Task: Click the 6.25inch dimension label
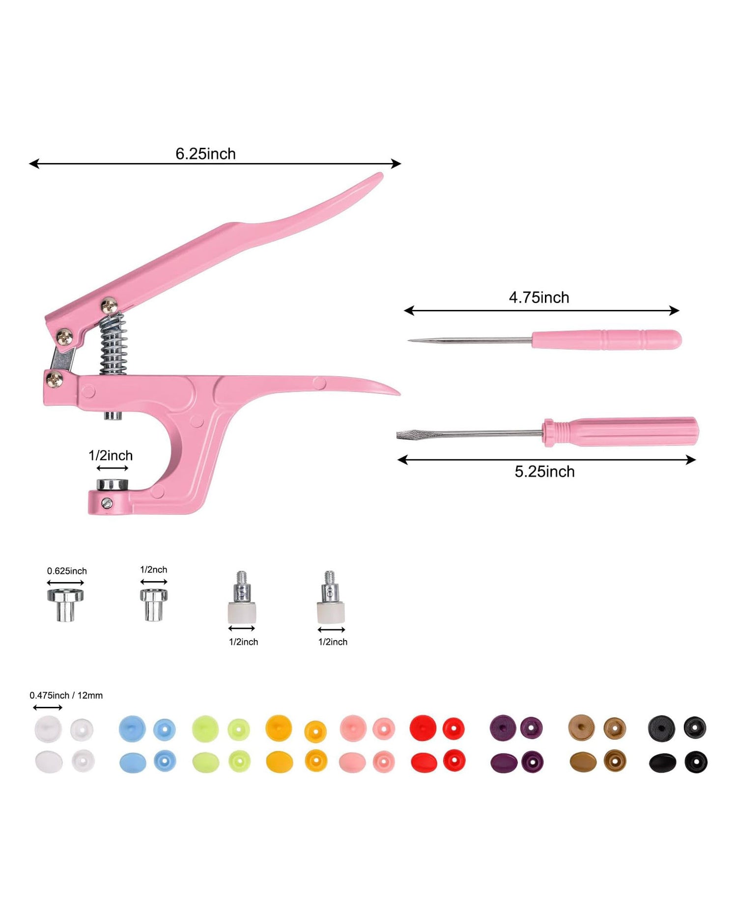coord(205,154)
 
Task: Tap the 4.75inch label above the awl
coord(539,297)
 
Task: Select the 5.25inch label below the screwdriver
coord(544,472)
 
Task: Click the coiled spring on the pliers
coord(113,344)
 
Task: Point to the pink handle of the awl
coord(606,340)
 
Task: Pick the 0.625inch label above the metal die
coord(67,571)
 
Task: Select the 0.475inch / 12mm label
coord(66,696)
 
